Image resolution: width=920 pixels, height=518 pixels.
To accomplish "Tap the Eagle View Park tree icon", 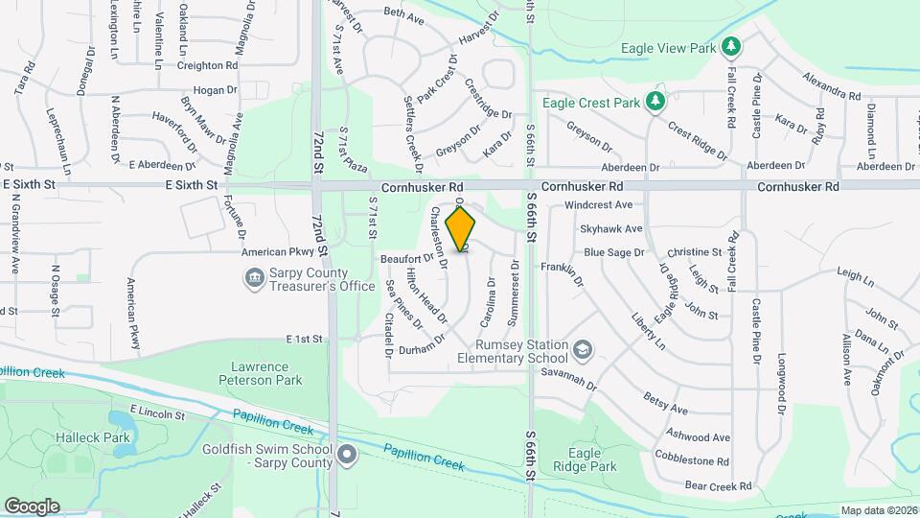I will (731, 46).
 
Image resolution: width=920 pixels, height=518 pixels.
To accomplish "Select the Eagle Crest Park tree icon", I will (655, 102).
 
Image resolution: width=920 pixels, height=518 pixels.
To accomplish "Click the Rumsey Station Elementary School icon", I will (582, 350).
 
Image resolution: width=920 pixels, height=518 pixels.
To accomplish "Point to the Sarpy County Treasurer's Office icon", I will (254, 278).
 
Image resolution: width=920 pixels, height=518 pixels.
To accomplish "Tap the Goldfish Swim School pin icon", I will (347, 454).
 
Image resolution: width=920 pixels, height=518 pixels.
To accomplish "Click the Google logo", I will (32, 506).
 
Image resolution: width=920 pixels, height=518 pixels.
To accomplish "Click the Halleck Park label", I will (103, 437).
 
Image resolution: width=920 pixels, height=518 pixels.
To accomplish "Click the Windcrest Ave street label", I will (599, 205).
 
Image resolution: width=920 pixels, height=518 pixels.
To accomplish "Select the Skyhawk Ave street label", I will (610, 229).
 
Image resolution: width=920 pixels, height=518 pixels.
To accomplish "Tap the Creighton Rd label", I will (207, 65).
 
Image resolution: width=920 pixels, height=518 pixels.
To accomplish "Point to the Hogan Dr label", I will (215, 90).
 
